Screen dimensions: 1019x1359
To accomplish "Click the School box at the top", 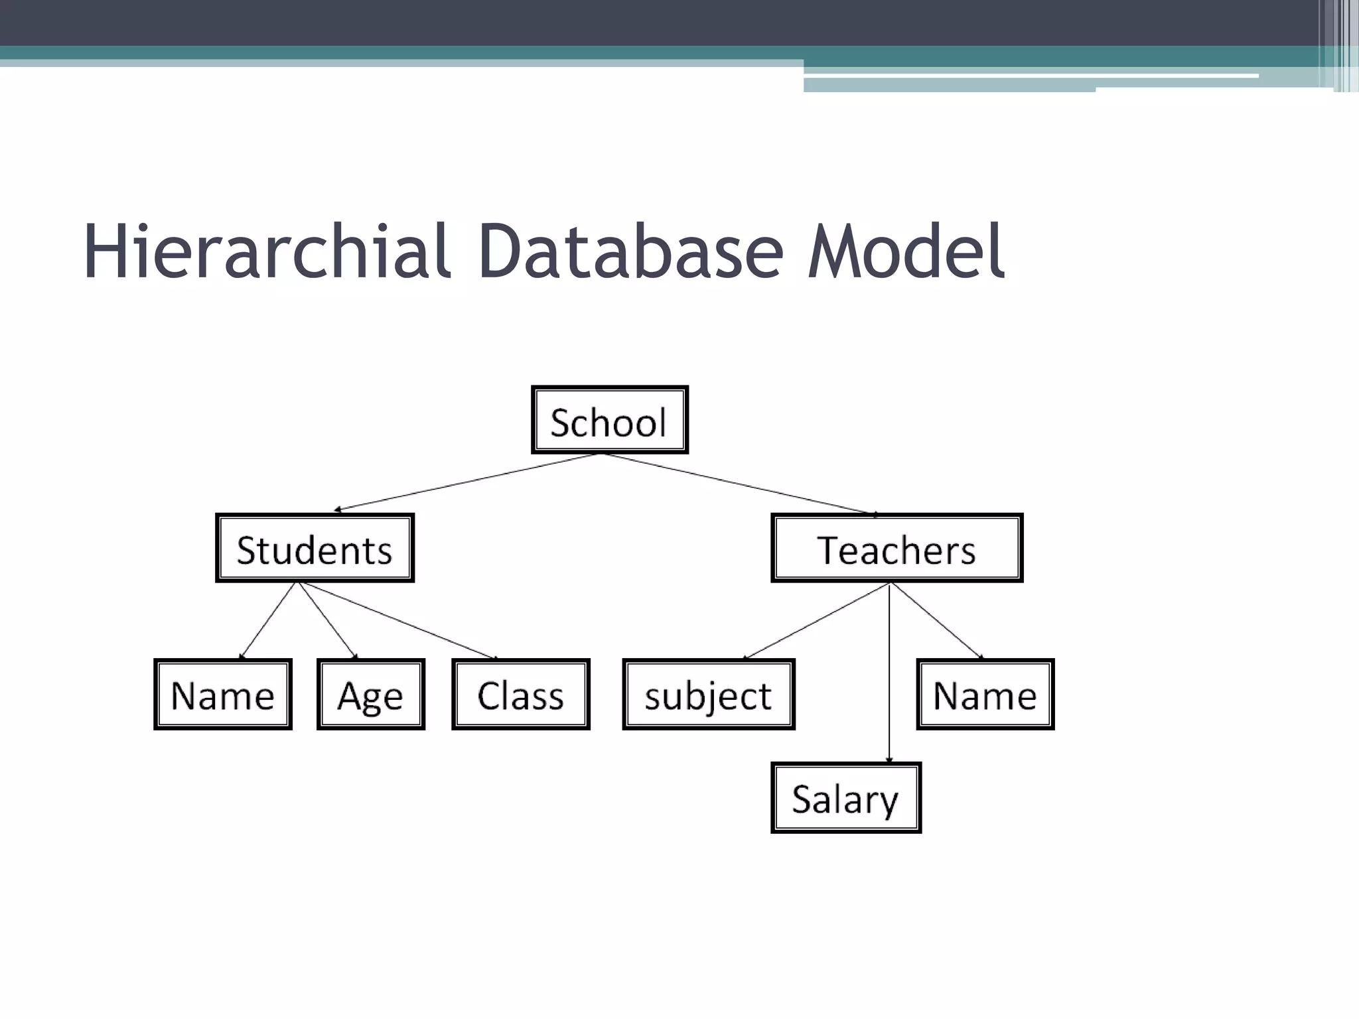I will (609, 420).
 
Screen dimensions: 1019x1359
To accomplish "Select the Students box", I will (315, 549).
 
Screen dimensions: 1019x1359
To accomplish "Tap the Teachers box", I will (896, 549).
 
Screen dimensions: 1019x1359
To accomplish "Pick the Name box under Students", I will (222, 695).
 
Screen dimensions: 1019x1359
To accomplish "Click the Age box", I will (370, 695).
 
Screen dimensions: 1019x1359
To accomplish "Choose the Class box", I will (520, 695).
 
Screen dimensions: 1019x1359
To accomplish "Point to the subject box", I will (708, 695).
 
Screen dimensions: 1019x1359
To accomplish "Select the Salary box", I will (845, 798).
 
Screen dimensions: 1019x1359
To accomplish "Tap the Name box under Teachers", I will (985, 695).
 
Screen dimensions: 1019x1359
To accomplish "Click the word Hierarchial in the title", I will (265, 252).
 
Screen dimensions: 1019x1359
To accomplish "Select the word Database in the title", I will (630, 252).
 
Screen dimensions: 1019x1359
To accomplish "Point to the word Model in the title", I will (906, 252).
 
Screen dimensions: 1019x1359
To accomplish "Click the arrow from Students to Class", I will (398, 620).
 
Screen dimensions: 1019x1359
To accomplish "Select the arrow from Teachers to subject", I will (816, 621).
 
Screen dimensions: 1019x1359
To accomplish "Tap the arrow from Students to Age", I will (328, 620).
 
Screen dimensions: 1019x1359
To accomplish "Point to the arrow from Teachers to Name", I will (936, 620).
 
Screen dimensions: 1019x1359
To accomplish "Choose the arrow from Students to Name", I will (267, 620).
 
